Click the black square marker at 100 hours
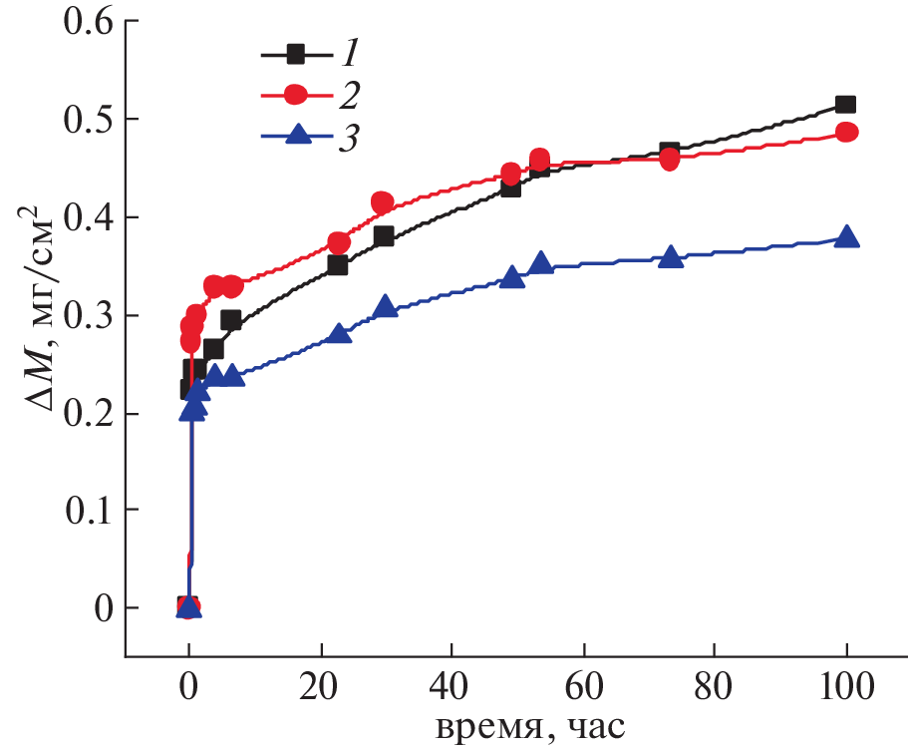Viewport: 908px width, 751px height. pyautogui.click(x=846, y=105)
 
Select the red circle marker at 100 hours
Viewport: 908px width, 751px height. pyautogui.click(x=846, y=133)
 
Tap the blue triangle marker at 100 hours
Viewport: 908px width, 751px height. pyautogui.click(x=847, y=237)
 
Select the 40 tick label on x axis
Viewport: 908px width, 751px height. pyautogui.click(x=452, y=688)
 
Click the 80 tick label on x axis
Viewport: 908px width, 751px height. pyautogui.click(x=715, y=688)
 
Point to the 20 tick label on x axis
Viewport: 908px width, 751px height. pyautogui.click(x=320, y=688)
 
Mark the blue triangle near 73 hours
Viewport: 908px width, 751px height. pyautogui.click(x=671, y=257)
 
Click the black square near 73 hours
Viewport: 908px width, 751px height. pyautogui.click(x=670, y=152)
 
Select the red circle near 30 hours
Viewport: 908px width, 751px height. pyautogui.click(x=382, y=202)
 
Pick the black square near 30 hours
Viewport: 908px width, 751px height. pyautogui.click(x=384, y=236)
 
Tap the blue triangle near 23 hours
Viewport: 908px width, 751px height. pyautogui.click(x=340, y=333)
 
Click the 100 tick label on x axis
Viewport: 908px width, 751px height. pyautogui.click(x=846, y=688)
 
